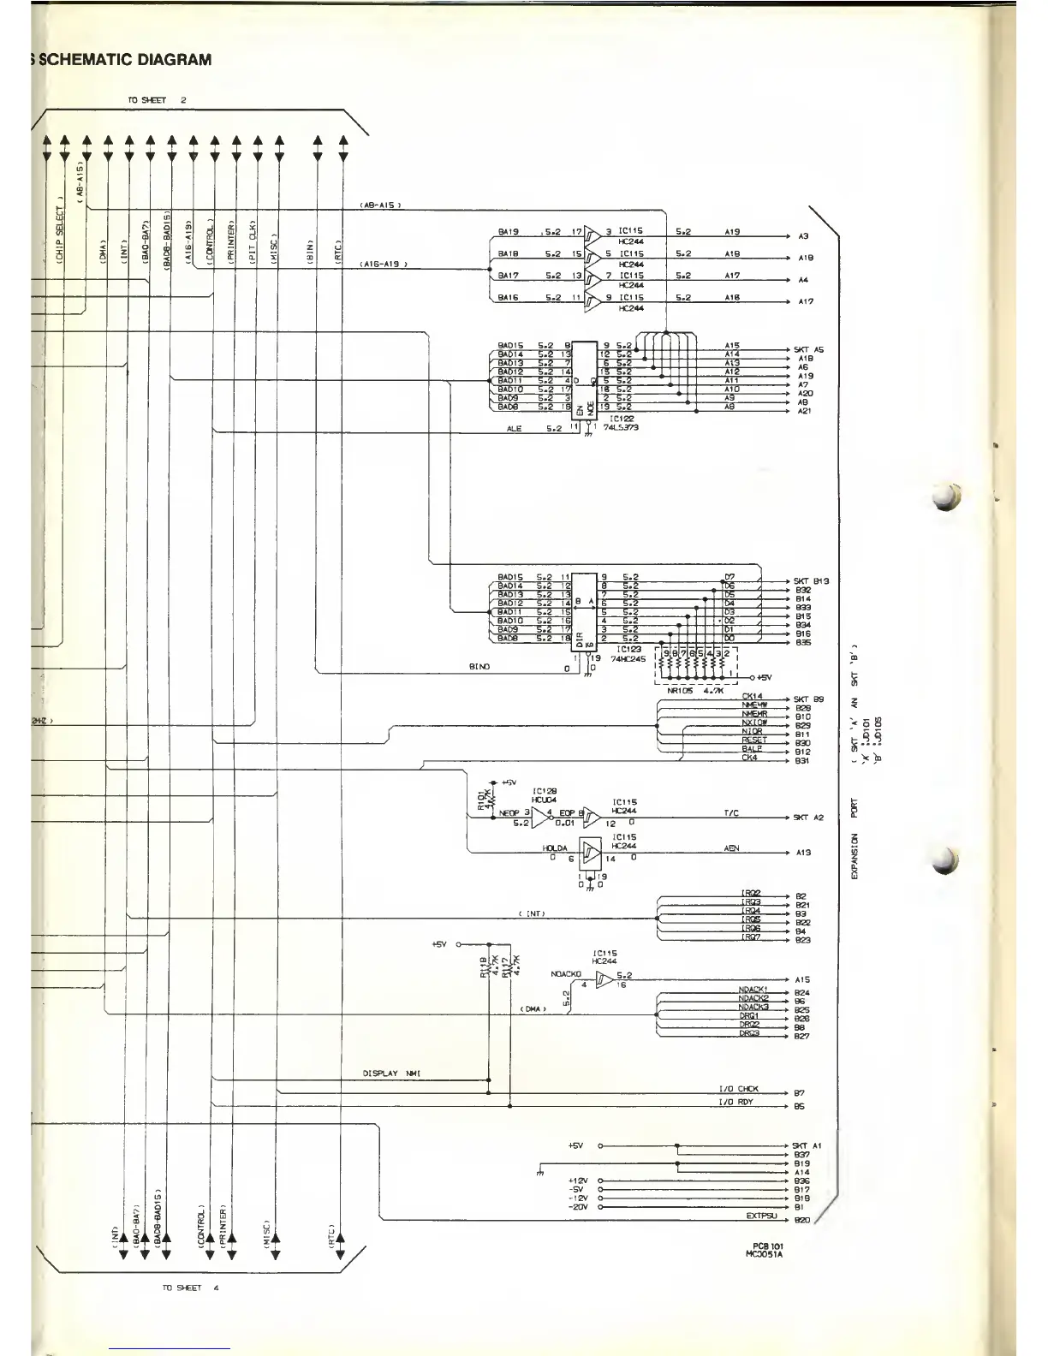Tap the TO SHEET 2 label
157,100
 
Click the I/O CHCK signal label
738,1090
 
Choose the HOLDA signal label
555,848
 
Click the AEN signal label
732,848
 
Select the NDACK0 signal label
566,974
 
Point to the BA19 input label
509,231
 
